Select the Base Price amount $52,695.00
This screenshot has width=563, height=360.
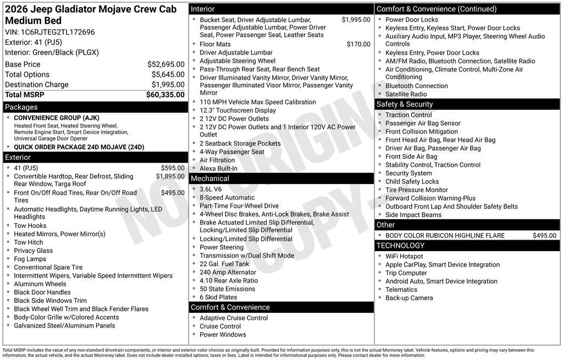[165, 64]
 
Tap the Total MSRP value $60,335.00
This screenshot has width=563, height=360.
[165, 95]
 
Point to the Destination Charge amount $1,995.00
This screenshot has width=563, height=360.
[168, 85]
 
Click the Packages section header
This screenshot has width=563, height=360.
[22, 107]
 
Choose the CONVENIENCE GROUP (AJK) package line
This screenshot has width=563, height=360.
[57, 118]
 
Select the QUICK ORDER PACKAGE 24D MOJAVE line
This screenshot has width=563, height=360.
[79, 147]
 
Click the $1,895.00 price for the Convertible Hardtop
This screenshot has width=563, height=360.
[170, 176]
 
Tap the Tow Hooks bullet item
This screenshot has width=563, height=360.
[30, 226]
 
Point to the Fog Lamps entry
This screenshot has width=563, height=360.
[30, 259]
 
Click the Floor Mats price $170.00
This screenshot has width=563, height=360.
[358, 45]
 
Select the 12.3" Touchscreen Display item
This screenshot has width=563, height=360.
[238, 110]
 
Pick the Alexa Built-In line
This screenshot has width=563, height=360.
[218, 169]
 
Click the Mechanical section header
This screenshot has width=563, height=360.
[210, 179]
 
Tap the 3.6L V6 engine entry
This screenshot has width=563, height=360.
[212, 189]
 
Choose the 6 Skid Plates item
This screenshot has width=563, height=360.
[218, 297]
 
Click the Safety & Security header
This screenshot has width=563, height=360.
[405, 104]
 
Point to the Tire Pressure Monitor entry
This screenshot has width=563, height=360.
[416, 190]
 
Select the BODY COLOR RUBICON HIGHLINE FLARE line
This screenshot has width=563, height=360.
[445, 235]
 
